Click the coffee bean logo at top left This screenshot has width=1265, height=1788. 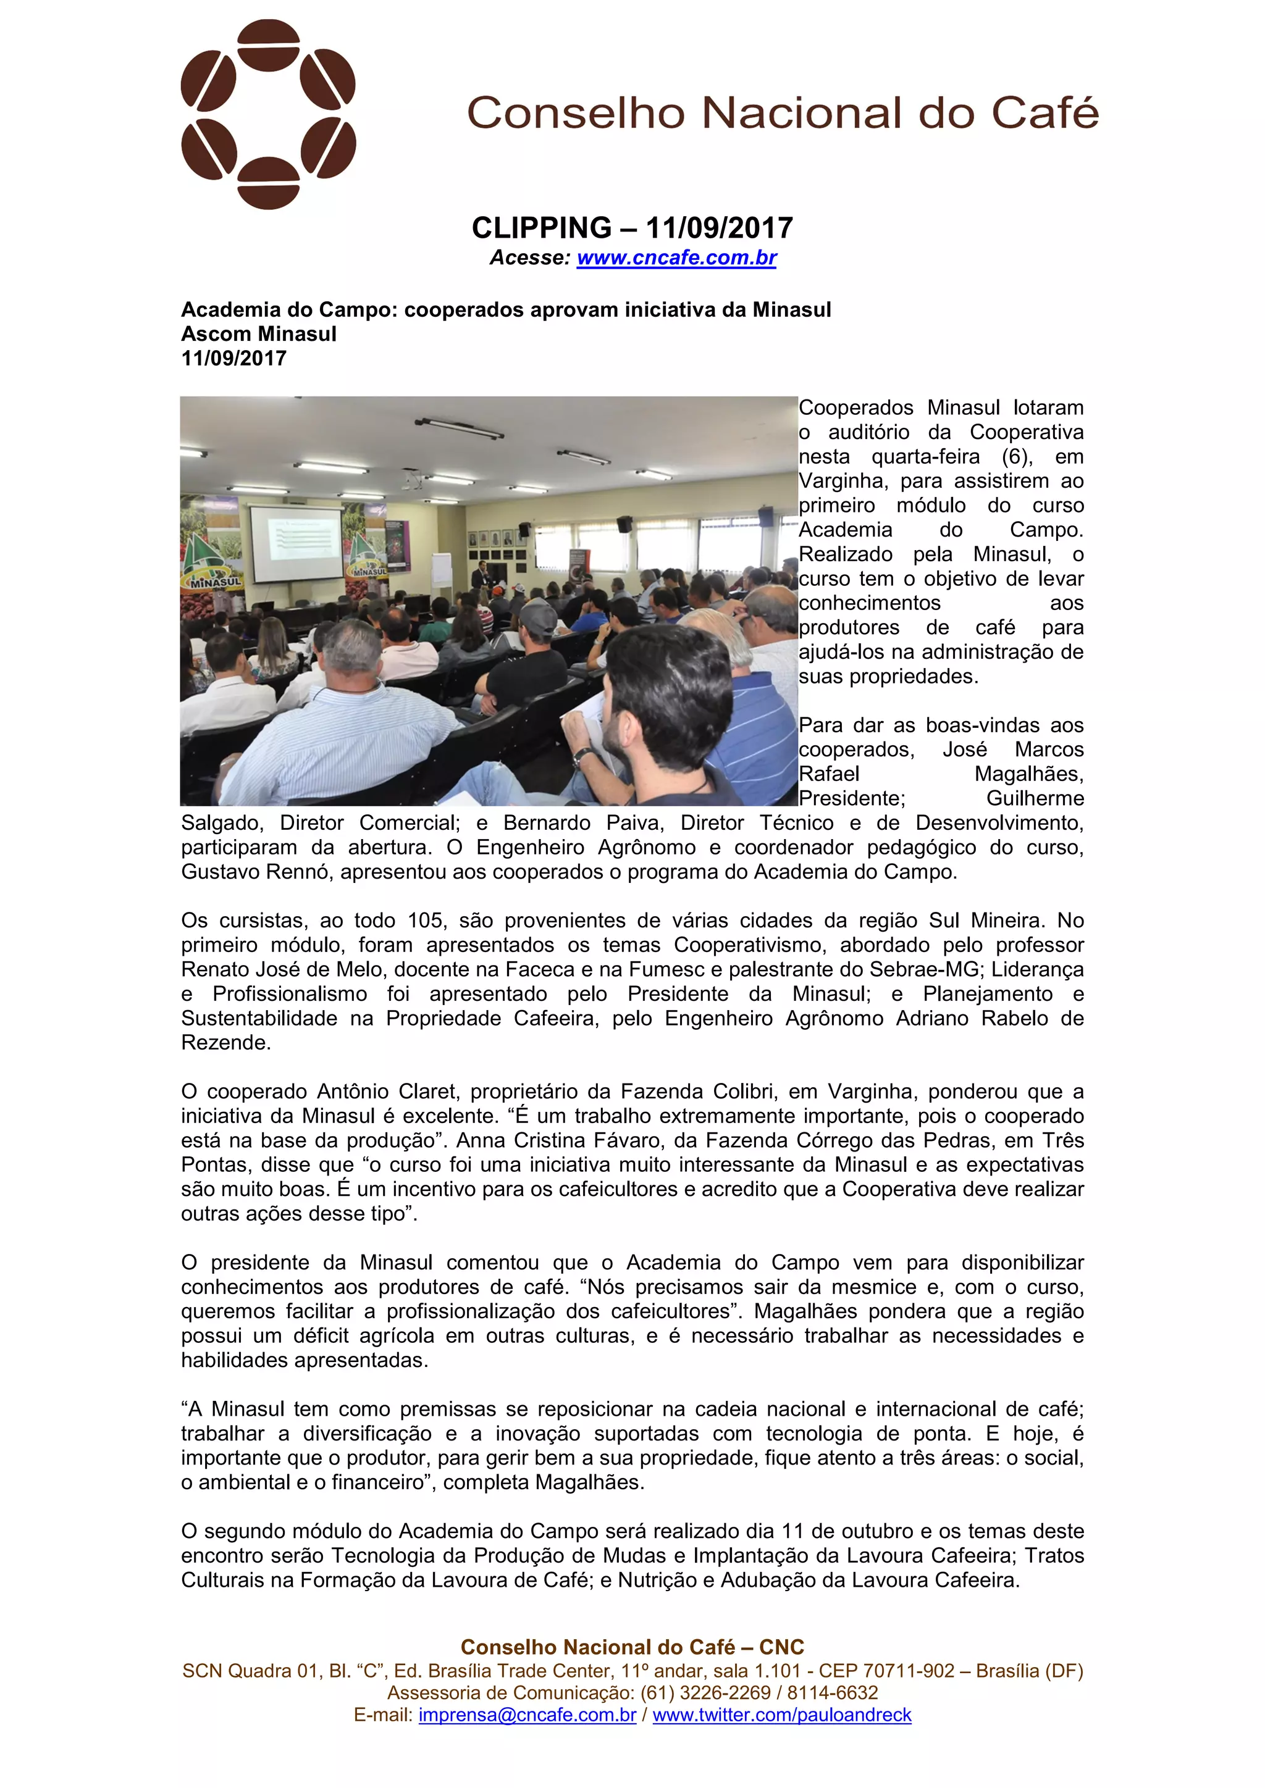click(x=268, y=114)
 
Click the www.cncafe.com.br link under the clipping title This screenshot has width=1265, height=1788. click(x=676, y=257)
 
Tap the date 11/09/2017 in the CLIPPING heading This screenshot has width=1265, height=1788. click(x=719, y=228)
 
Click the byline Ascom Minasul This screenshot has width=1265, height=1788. click(x=259, y=334)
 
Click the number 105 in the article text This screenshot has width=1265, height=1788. click(x=426, y=921)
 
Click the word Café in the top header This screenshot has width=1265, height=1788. click(x=1044, y=114)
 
